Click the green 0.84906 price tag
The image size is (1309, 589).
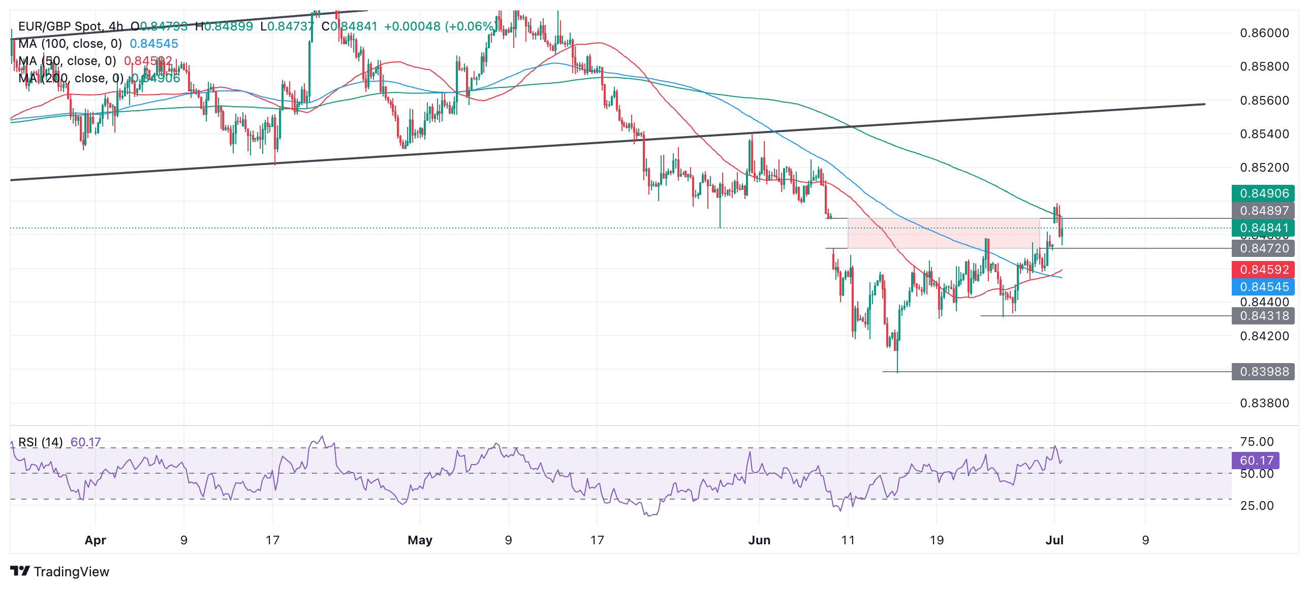[x=1263, y=193]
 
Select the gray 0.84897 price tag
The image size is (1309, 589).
[x=1263, y=211]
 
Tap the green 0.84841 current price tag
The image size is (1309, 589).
[x=1263, y=228]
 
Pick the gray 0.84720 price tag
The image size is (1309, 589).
[x=1263, y=248]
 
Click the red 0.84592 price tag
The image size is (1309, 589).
[x=1263, y=270]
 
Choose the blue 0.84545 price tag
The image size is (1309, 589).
[x=1263, y=287]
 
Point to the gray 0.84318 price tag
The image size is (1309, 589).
[x=1263, y=316]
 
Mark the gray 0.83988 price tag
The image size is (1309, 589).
[x=1263, y=372]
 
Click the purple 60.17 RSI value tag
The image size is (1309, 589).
[x=1256, y=461]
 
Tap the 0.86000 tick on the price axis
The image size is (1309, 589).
[x=1264, y=33]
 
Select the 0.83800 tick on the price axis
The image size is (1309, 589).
[x=1264, y=403]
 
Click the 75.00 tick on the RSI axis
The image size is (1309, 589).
[x=1257, y=442]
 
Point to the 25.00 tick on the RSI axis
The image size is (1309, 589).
[x=1257, y=506]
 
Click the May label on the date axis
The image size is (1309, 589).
[x=420, y=540]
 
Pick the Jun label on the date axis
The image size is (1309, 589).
[x=759, y=540]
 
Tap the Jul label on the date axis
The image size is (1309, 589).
[x=1054, y=540]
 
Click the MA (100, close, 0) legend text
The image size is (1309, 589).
[x=70, y=44]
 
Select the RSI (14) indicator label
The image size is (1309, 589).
[x=41, y=442]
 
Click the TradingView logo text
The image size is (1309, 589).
[x=71, y=572]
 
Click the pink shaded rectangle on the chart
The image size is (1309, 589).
[x=944, y=233]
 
